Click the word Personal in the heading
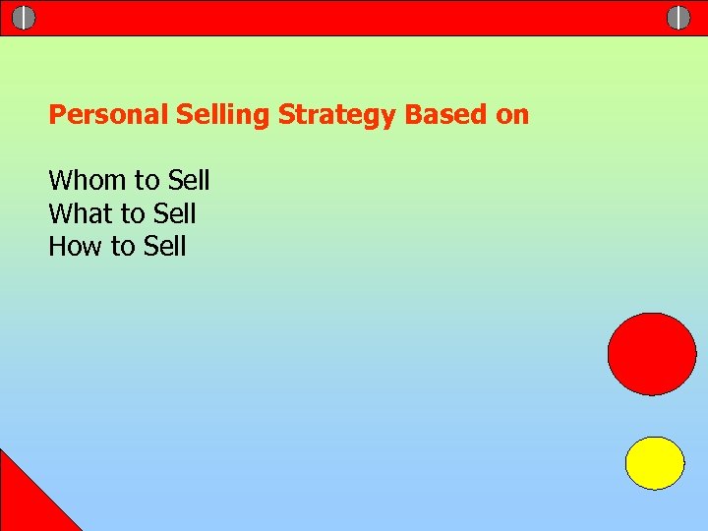point(109,115)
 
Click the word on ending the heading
point(512,115)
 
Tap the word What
point(82,213)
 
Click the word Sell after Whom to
point(189,181)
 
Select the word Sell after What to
point(175,213)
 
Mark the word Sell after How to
point(164,246)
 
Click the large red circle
point(651,353)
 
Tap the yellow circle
point(655,463)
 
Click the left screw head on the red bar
point(24,18)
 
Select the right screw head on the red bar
point(678,18)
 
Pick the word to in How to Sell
point(121,246)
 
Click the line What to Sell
point(122,213)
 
